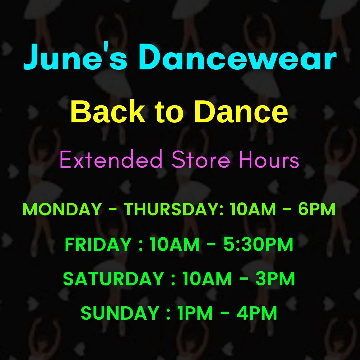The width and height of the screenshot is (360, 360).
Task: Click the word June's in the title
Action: point(75,57)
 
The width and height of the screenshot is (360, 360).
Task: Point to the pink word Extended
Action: point(111,159)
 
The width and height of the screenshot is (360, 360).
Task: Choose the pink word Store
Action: point(201,159)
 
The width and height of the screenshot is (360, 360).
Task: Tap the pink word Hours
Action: point(269,159)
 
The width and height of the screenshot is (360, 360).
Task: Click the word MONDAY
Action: point(62,209)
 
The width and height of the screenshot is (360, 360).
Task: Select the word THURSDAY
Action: point(174,209)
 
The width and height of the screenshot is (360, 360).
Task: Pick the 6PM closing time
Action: point(317,209)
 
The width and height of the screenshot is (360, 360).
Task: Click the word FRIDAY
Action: point(98,244)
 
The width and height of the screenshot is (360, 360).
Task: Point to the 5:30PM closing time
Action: point(258,244)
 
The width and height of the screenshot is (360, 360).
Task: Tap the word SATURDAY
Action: point(114,279)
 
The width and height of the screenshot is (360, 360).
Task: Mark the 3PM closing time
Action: point(275,279)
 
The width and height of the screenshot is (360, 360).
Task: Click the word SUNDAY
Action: point(120,313)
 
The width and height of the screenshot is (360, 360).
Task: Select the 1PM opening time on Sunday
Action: point(195,313)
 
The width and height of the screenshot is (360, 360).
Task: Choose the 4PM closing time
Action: point(257,313)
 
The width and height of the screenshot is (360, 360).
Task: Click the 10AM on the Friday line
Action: point(175,244)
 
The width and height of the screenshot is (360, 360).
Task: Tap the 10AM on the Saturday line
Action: point(207,279)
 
